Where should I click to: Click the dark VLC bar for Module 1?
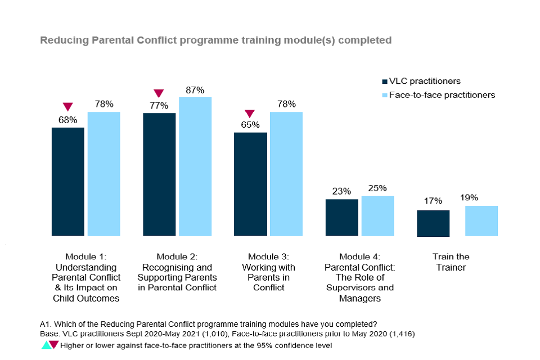point(68,181)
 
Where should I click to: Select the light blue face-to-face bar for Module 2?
point(195,166)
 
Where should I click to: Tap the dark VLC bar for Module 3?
point(250,184)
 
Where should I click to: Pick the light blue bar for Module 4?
point(377,215)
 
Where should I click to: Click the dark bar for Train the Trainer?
point(433,223)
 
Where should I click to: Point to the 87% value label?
point(195,90)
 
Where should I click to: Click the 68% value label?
point(68,120)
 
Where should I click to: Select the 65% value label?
point(250,125)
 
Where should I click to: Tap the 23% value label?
point(341,191)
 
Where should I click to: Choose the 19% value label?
point(469,197)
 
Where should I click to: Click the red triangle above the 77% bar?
point(159,93)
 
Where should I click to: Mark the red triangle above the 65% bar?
point(250,113)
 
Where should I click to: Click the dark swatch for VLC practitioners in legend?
point(385,82)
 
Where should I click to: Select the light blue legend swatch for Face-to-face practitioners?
point(385,95)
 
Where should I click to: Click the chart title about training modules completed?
point(215,40)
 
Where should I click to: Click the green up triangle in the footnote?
point(45,345)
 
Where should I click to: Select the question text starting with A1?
point(208,324)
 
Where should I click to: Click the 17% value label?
point(433,201)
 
